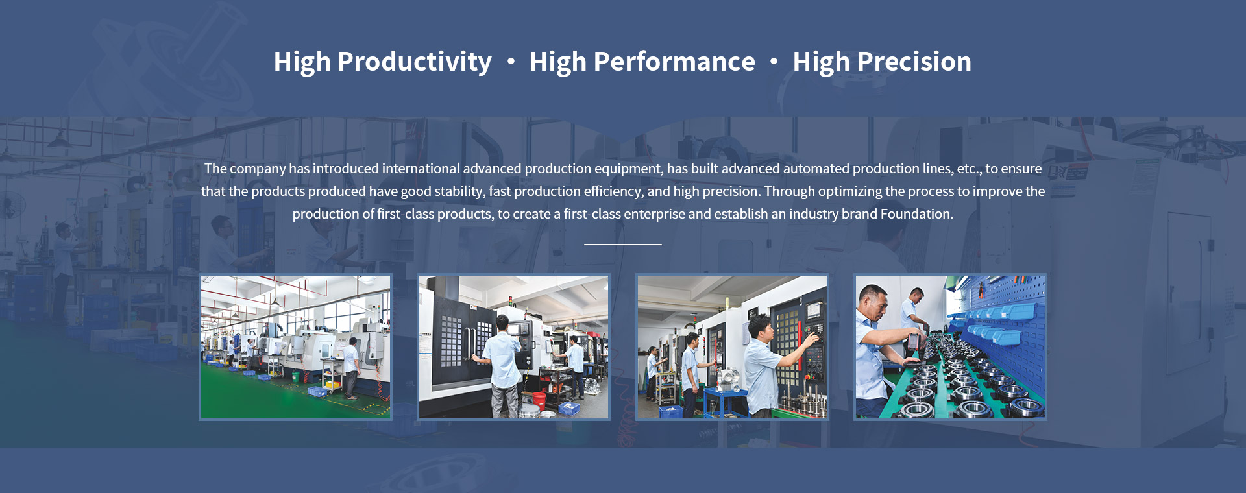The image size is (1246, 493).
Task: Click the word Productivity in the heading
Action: tap(414, 62)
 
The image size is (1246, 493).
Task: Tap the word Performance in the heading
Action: tap(674, 62)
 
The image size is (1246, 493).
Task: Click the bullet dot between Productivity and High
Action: tap(511, 62)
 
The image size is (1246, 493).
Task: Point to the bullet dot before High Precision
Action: tap(774, 62)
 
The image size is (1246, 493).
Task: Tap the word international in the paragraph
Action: tap(421, 169)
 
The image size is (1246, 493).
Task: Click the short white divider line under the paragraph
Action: tap(623, 245)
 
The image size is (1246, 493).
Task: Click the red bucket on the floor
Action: tap(539, 398)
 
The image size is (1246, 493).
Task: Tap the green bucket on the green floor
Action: tap(296, 376)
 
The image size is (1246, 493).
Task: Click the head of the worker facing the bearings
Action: tap(873, 302)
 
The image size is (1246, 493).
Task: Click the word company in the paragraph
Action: tap(258, 169)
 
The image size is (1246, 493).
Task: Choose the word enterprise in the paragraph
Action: tap(655, 214)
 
